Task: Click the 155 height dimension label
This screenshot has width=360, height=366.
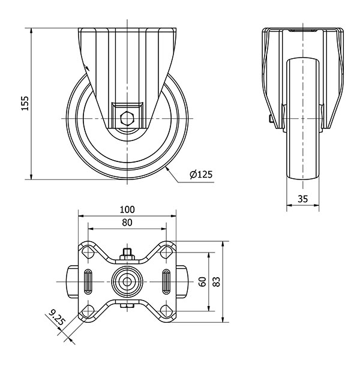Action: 25,103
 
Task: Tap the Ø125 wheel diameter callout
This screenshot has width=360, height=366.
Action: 201,175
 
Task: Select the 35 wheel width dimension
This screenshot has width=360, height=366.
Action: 303,199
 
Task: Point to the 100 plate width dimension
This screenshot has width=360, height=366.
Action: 127,209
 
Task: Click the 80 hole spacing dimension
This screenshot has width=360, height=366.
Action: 127,223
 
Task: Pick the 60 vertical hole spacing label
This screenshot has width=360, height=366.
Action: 202,281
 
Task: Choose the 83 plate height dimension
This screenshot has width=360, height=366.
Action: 217,281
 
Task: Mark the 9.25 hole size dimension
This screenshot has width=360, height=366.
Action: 56,317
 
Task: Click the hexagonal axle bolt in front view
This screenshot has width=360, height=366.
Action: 127,119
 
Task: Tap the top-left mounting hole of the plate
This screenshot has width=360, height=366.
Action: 88,253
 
